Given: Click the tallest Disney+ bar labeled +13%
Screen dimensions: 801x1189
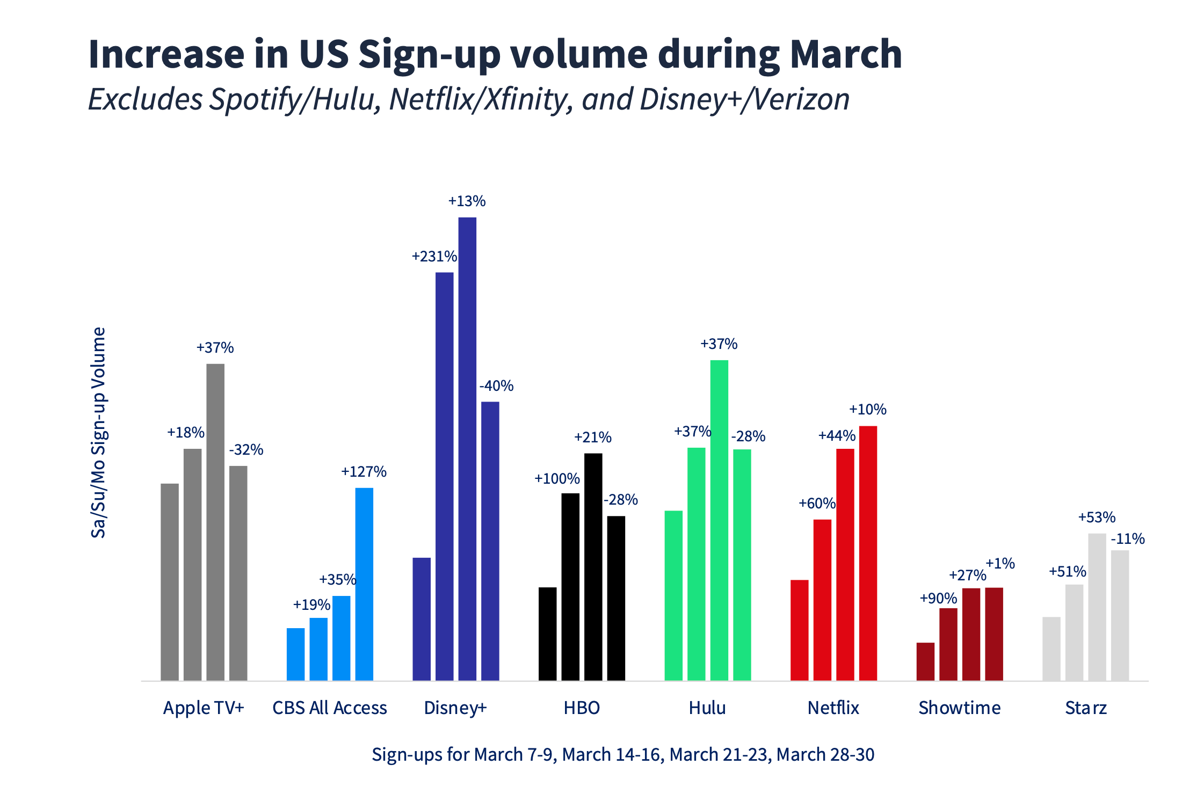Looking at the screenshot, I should [467, 449].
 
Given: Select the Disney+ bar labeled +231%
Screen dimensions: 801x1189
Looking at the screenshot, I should [444, 476].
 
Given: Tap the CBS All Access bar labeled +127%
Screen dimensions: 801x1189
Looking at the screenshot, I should [364, 584].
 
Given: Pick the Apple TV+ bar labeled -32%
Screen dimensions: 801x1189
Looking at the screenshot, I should [238, 573].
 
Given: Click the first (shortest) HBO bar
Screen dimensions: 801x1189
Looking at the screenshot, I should [547, 633].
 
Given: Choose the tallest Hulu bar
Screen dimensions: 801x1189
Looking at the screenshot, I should [719, 520].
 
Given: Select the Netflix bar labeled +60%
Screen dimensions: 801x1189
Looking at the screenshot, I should [822, 600].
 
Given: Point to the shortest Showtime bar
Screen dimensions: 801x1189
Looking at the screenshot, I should [925, 661].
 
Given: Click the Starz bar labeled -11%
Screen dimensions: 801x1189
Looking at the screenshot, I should [1120, 615].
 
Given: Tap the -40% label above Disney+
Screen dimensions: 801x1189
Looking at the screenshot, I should [496, 386].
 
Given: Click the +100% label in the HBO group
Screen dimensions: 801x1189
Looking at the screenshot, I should [557, 479].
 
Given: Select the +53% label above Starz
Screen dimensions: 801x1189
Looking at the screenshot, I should [1097, 518].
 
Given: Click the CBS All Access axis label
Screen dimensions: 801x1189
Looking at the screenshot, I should [329, 708].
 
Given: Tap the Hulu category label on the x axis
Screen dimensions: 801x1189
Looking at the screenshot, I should [707, 708].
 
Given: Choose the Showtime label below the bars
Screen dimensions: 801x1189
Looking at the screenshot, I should [959, 708].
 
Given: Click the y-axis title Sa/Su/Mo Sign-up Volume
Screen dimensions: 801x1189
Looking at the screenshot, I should [98, 432].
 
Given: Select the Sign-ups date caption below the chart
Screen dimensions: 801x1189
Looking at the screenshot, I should [623, 755].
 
